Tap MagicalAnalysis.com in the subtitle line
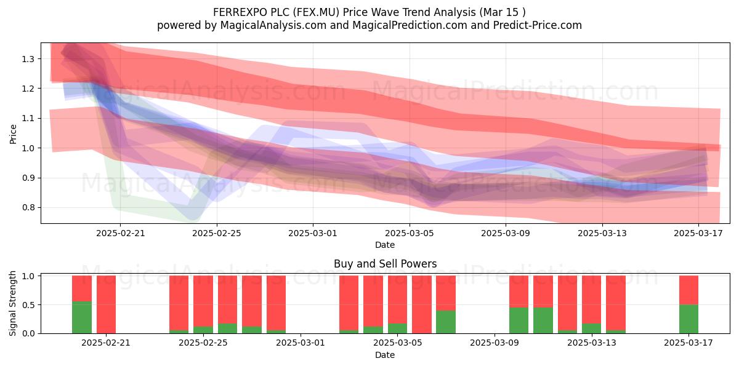point(273,25)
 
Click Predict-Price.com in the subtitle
point(538,25)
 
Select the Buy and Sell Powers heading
point(385,264)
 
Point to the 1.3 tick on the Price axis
point(28,59)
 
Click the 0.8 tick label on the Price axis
point(28,208)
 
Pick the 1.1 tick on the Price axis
point(28,118)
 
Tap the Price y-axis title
point(13,134)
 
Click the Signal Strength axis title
point(12,303)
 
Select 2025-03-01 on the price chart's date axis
point(313,233)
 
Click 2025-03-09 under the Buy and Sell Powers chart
point(494,343)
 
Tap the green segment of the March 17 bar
point(689,319)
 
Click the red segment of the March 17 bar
point(689,290)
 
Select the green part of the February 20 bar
point(82,317)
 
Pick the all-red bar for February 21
point(106,304)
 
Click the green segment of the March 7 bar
point(446,322)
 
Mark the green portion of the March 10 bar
point(519,320)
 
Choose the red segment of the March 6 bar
point(422,304)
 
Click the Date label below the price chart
point(385,245)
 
